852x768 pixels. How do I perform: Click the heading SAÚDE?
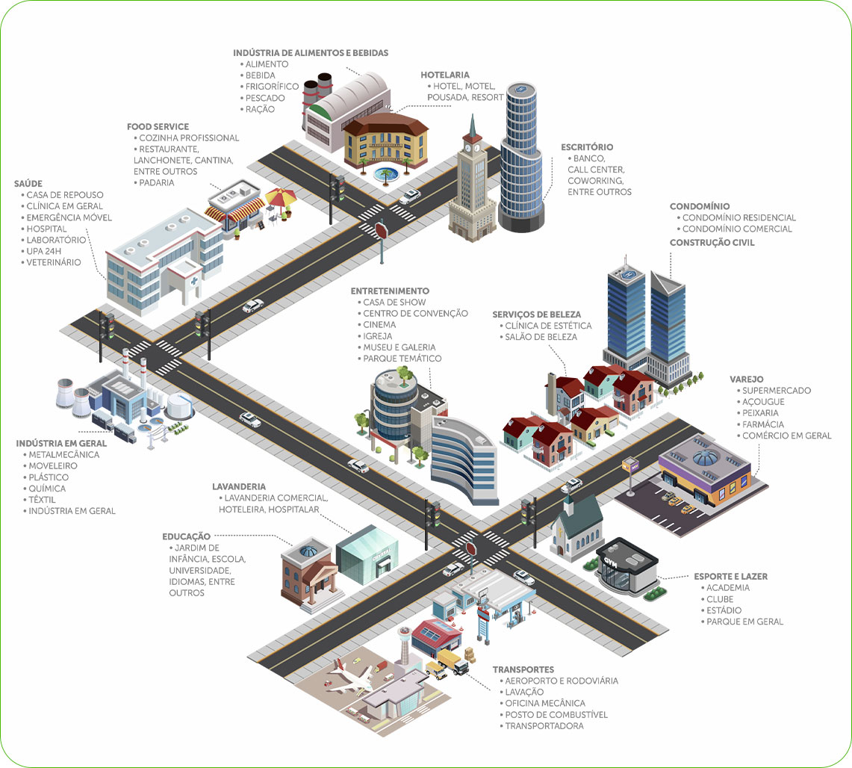pyautogui.click(x=28, y=183)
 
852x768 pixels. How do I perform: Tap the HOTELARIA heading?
pyautogui.click(x=445, y=75)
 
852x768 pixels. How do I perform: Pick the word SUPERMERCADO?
pyautogui.click(x=776, y=391)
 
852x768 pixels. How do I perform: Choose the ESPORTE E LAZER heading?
pyautogui.click(x=730, y=577)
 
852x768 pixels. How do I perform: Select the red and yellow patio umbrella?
pyautogui.click(x=280, y=197)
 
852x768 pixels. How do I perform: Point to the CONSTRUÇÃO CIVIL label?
pyautogui.click(x=712, y=243)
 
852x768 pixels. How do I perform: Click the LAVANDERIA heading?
pyautogui.click(x=239, y=487)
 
